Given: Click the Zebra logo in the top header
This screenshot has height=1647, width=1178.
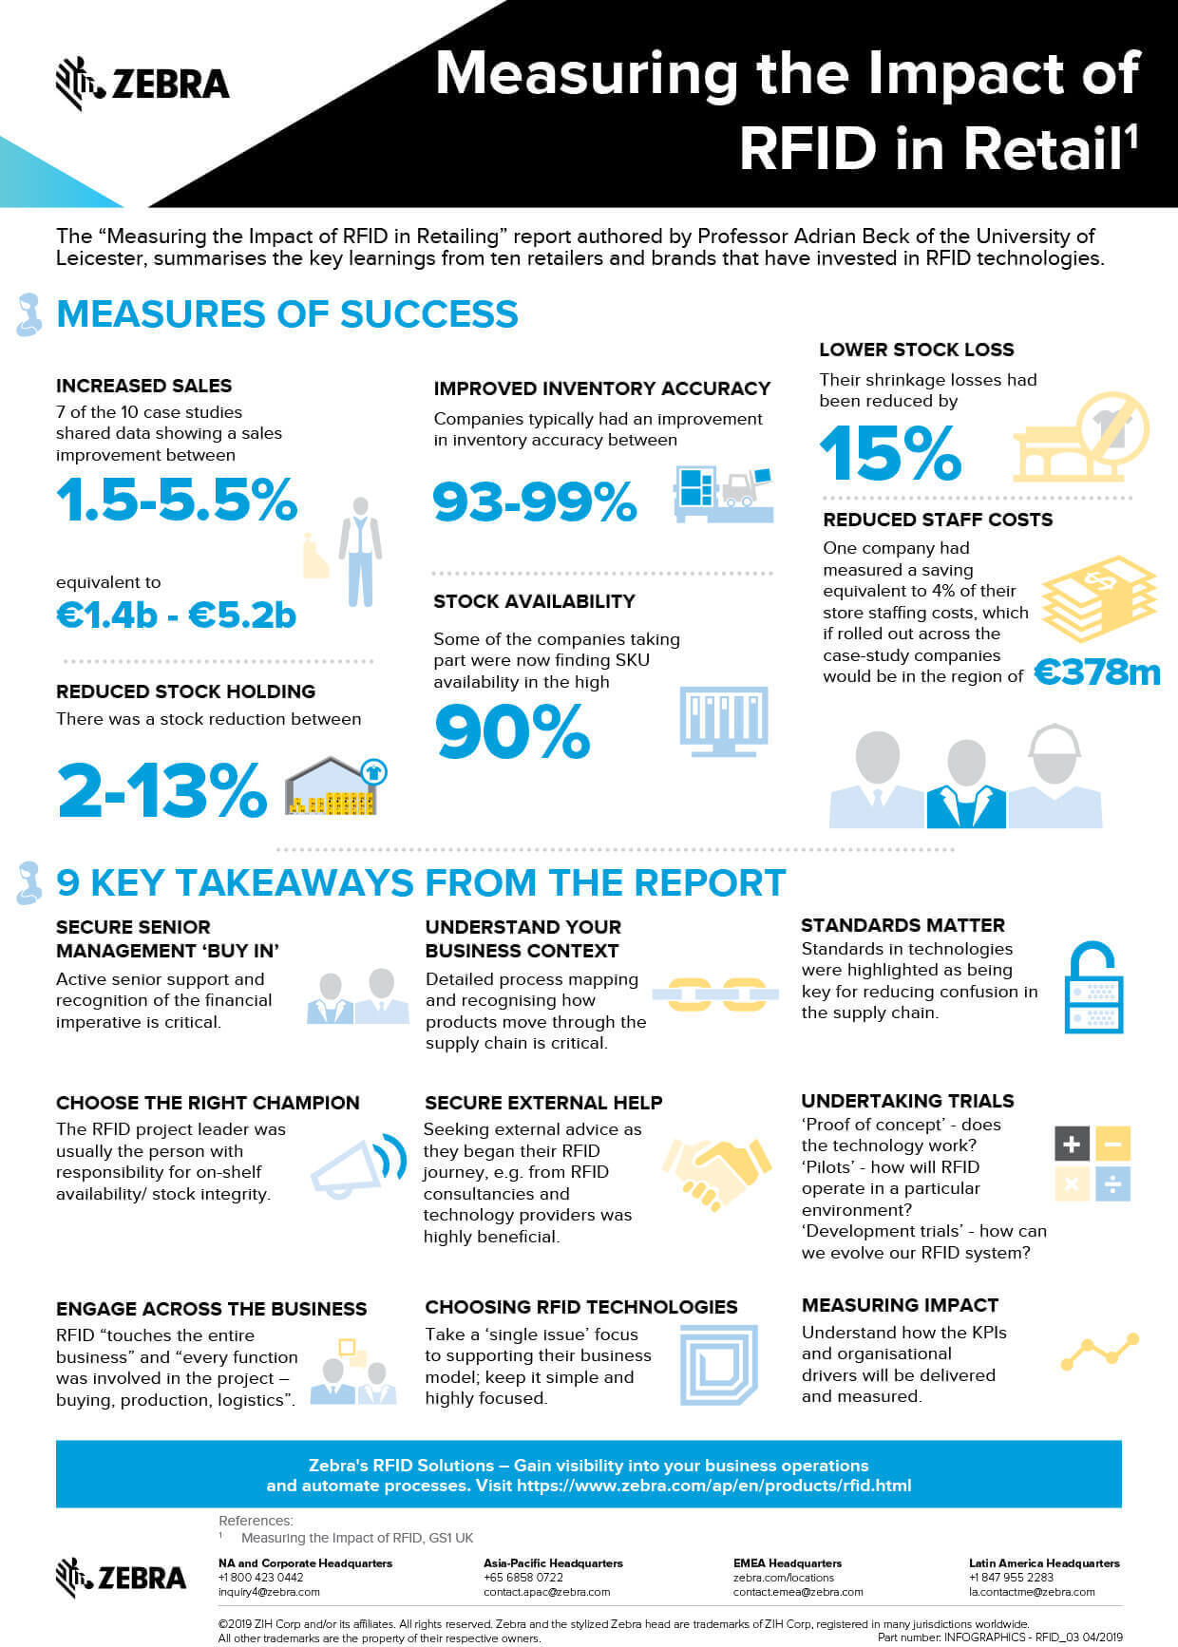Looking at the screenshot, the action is tap(142, 84).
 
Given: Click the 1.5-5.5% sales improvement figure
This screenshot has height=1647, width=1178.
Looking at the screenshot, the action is tap(177, 499).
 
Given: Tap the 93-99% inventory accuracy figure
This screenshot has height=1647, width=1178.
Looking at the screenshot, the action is tap(534, 502).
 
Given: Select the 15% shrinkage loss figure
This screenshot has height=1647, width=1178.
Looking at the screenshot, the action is tap(890, 453).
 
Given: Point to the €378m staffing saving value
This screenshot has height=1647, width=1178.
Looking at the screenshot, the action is tap(1097, 672).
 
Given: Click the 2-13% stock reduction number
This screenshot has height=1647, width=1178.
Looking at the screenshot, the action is tap(161, 790).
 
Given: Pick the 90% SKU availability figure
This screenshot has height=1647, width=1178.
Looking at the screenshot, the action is tap(512, 731).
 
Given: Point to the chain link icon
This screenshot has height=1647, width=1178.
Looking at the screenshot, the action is tap(715, 994).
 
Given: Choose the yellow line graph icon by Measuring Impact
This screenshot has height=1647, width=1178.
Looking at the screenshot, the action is tap(1099, 1351).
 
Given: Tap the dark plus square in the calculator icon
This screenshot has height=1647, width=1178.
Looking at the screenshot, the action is tap(1072, 1144).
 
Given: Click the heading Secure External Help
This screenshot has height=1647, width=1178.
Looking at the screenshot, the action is tap(543, 1103).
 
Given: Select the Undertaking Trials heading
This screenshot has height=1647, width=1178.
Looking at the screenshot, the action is tap(907, 1101).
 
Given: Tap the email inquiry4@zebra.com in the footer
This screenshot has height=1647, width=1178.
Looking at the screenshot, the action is tap(269, 1592).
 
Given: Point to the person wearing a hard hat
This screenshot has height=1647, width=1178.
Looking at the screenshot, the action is tap(1054, 775).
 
